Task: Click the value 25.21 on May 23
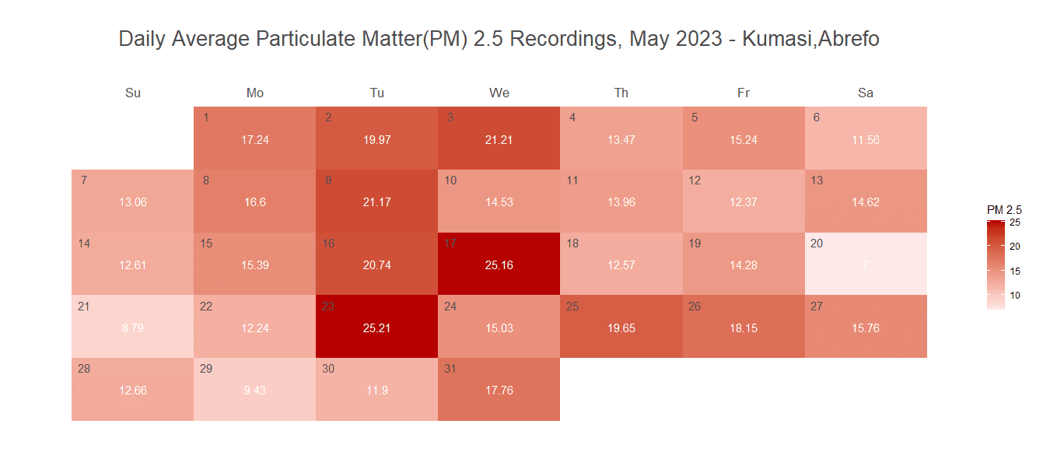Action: [377, 328]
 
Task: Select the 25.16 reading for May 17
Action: [499, 265]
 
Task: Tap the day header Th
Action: [621, 93]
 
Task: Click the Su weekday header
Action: [133, 93]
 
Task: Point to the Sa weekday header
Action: [866, 93]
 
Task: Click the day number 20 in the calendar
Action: [817, 244]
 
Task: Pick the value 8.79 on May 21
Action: [133, 328]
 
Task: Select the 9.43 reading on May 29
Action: [255, 391]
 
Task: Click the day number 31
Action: [450, 369]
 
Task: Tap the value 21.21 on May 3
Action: [499, 140]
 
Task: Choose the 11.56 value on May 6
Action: [866, 140]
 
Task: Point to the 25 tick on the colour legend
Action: [1015, 223]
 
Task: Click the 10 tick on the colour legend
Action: [1015, 295]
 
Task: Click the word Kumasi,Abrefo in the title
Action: [811, 40]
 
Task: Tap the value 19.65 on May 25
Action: [621, 328]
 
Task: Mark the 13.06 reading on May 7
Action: [133, 202]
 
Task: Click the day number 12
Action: [695, 180]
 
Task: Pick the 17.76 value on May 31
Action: [499, 391]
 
